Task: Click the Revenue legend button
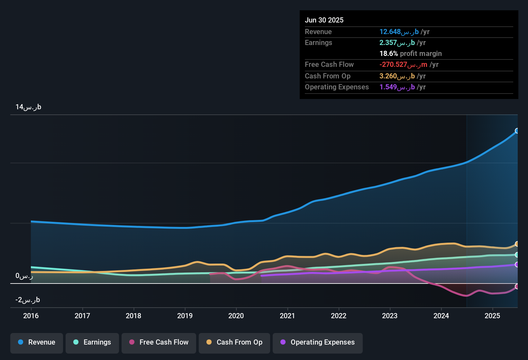(x=37, y=342)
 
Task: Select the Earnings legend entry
(x=92, y=342)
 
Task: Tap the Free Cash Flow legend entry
(x=159, y=342)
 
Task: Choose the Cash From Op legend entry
(x=234, y=342)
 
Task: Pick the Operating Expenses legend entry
(x=318, y=342)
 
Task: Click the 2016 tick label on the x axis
(x=31, y=316)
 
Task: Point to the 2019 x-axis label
(x=185, y=316)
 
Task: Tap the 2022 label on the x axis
(x=339, y=316)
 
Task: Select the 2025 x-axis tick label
(x=492, y=316)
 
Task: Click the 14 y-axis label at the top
(x=28, y=107)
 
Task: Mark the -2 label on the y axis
(x=28, y=300)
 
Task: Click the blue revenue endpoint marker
(x=517, y=131)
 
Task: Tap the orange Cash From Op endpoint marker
(x=517, y=244)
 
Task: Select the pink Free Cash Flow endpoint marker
(x=517, y=286)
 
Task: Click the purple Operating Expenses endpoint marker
(x=517, y=265)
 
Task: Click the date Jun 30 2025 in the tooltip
(x=324, y=20)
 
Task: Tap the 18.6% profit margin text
(x=410, y=53)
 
